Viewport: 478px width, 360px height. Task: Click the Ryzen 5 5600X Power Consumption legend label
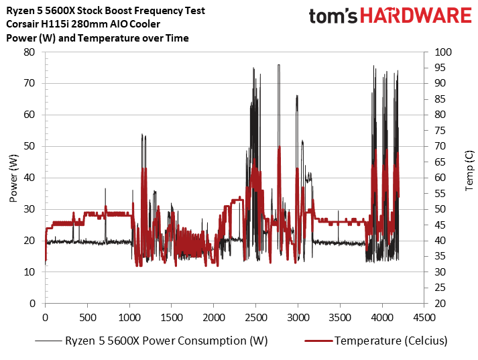click(166, 341)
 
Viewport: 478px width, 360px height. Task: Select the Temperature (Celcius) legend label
click(391, 341)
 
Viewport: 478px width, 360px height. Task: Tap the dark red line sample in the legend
click(314, 341)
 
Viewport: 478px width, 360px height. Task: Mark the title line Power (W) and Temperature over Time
click(98, 38)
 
